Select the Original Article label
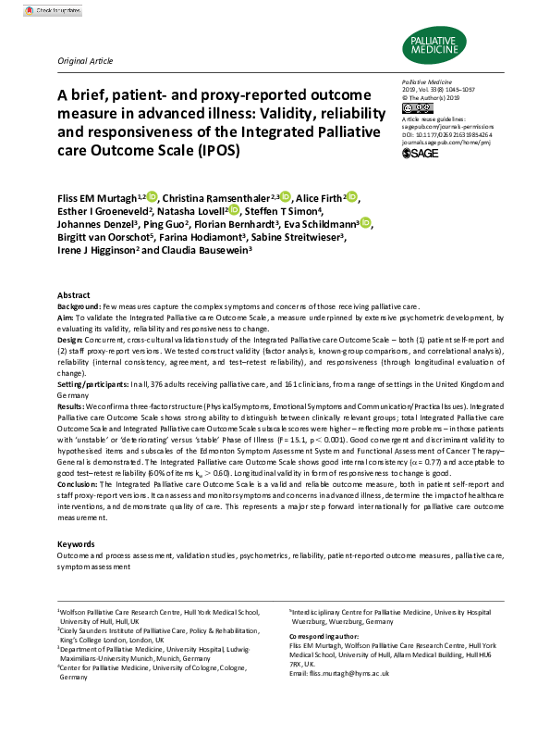(85, 60)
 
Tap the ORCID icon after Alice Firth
(352, 197)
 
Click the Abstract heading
(74, 294)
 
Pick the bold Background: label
(79, 305)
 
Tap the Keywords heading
(76, 544)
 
